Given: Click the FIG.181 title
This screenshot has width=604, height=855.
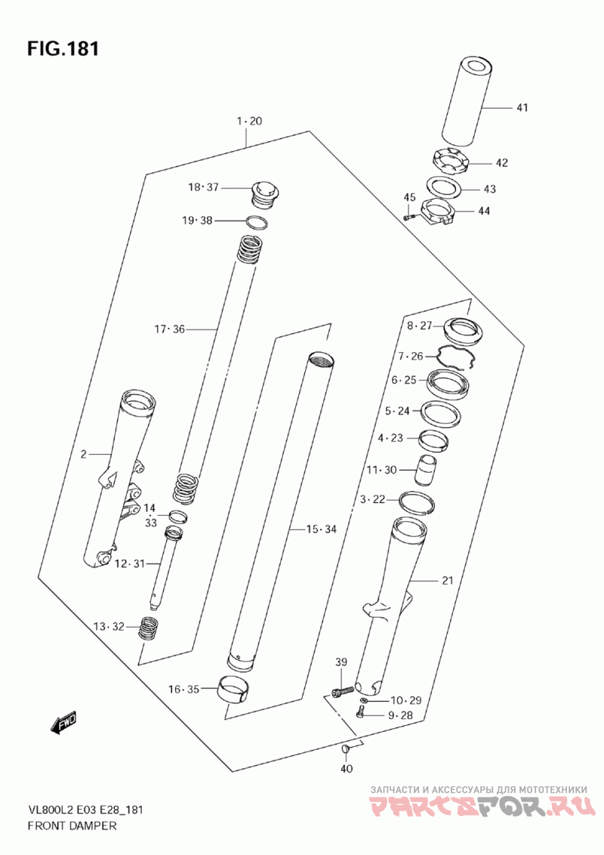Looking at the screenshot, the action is (63, 48).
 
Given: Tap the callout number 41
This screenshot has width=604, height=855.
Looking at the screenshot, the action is (522, 107).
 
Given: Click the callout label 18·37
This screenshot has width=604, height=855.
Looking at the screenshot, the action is (203, 187).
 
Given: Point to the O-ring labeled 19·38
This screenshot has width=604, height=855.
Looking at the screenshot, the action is (257, 223).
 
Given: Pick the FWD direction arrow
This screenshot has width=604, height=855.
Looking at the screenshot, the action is (63, 723).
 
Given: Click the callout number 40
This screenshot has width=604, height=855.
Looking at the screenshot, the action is (346, 769).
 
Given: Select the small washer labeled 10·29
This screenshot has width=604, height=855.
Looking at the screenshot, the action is (364, 700).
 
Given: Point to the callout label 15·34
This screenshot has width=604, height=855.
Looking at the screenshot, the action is (321, 529).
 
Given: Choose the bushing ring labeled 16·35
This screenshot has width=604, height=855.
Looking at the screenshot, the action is (235, 691).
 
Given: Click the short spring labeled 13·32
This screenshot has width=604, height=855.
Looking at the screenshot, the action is (148, 628).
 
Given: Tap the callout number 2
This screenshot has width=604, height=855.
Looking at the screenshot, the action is (83, 454).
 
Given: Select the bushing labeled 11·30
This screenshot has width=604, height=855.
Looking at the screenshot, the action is (427, 470).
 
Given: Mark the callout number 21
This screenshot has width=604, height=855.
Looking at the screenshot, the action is (448, 581).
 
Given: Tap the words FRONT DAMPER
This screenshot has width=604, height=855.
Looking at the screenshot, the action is (72, 826).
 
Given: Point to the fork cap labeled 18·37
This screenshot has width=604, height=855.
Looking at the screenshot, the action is (265, 193).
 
